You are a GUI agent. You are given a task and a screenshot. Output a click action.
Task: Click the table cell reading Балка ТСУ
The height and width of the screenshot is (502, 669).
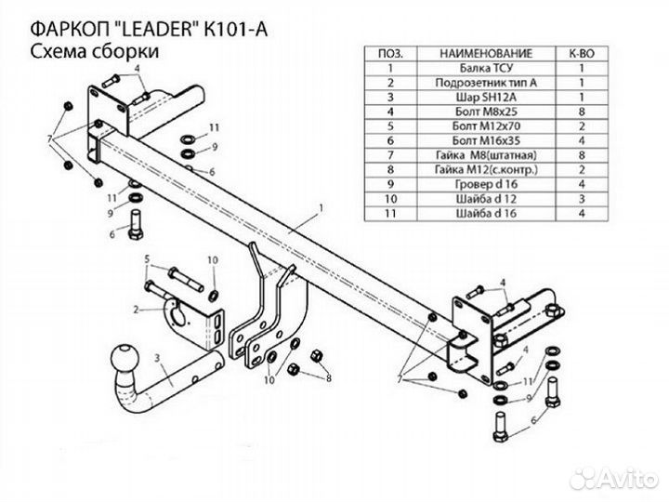point(488,68)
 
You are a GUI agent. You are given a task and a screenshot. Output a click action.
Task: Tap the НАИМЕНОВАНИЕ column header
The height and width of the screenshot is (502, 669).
point(488,54)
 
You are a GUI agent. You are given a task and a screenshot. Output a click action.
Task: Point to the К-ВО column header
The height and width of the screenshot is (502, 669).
point(582,54)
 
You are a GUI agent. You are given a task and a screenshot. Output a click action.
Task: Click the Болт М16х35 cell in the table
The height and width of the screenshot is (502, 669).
point(488,139)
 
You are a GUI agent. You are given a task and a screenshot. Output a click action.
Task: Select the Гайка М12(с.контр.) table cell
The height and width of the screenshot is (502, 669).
point(488,167)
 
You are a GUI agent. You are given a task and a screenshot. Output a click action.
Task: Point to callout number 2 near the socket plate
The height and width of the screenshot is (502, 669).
point(136,309)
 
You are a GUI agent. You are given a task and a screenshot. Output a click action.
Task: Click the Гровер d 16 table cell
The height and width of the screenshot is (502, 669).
point(488,182)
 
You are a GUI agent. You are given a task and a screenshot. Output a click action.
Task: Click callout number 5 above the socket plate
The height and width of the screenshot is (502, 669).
point(146,271)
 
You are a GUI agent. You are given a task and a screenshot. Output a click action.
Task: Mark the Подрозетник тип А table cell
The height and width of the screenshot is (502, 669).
point(488,82)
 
